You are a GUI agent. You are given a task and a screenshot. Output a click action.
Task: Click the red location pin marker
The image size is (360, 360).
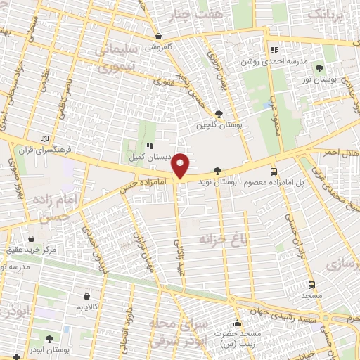tap(181, 165)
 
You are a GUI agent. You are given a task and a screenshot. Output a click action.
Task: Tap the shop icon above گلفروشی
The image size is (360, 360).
tap(159, 37)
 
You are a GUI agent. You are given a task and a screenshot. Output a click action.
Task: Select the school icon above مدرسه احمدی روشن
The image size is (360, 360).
tap(275, 50)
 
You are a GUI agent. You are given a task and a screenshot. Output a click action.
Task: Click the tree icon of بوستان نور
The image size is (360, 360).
tap(320, 69)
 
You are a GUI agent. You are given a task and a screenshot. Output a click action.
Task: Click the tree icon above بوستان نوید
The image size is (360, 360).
tap(217, 171)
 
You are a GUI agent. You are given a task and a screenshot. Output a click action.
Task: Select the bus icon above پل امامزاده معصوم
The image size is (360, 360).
tap(274, 172)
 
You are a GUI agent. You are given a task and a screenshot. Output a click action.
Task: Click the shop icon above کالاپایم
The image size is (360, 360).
tap(86, 296)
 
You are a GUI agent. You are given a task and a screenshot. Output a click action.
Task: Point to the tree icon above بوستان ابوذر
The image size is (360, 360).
tap(49, 338)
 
